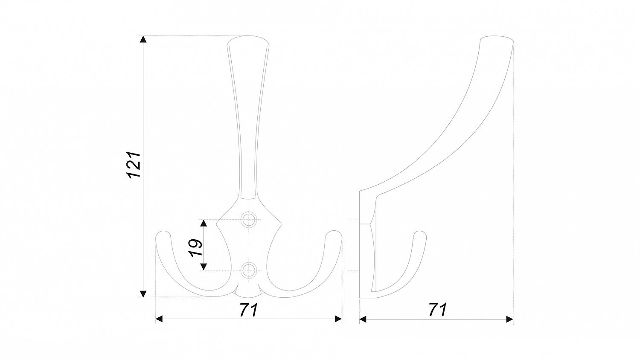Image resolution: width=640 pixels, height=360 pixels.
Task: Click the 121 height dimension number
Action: point(134,165)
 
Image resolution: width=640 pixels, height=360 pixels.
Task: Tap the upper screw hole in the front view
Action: point(249,219)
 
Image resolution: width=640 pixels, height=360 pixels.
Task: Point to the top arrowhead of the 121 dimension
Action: point(143,39)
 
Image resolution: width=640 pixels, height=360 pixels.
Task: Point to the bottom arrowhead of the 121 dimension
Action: point(143,293)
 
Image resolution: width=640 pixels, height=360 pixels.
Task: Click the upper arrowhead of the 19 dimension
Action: point(204,223)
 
